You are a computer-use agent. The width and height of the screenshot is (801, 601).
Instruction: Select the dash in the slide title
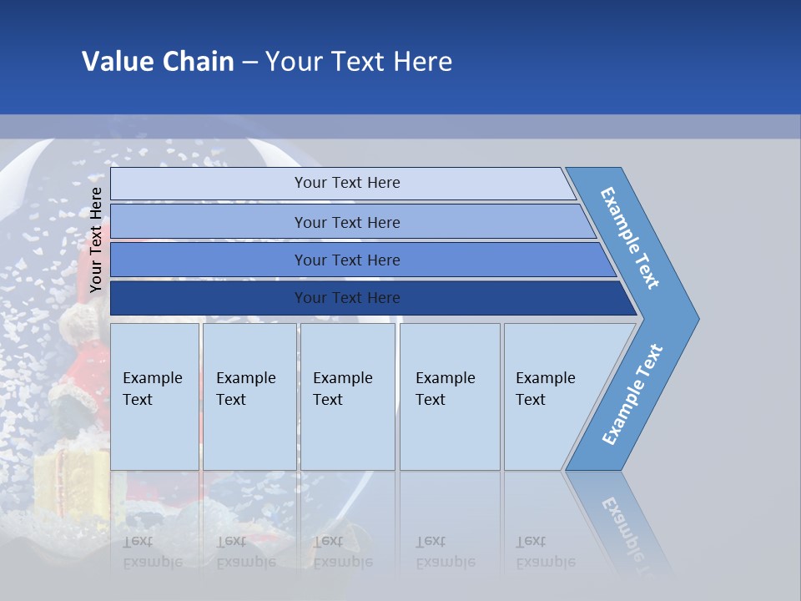pos(249,63)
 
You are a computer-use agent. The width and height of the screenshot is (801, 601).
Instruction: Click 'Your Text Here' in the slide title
pos(359,62)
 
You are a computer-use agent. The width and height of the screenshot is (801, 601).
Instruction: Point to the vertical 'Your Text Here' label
pos(96,240)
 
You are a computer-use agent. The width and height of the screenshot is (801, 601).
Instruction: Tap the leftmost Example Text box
pos(154,396)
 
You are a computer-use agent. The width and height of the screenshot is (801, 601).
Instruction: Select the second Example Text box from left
pos(249,396)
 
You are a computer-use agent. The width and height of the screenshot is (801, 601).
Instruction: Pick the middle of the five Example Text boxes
pos(347,396)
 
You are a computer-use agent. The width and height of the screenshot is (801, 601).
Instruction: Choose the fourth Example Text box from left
pos(450,396)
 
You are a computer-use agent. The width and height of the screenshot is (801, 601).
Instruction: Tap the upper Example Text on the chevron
pos(630,238)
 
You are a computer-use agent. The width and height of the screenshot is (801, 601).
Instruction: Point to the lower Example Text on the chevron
pos(632,394)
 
